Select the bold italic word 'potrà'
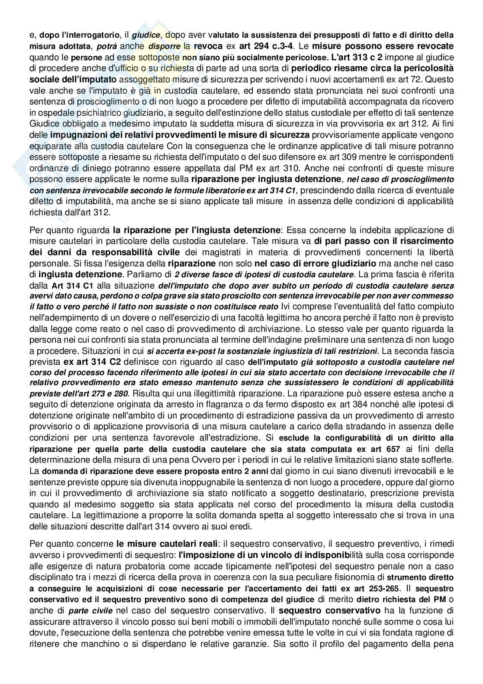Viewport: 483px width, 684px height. [x=106, y=46]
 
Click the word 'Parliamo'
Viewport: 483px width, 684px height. [x=141, y=274]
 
